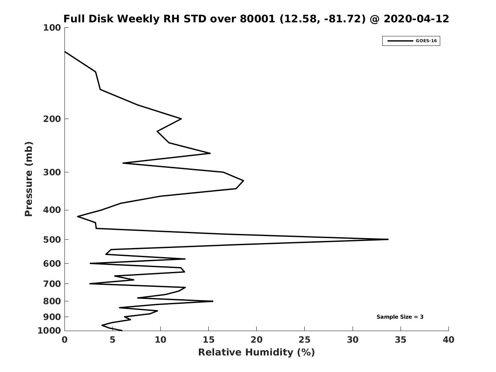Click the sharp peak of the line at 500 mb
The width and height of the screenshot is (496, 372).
(388, 239)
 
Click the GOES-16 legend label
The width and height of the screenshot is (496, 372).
(426, 41)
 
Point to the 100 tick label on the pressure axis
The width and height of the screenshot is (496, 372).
(52, 28)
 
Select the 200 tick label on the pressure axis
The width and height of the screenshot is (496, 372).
(52, 119)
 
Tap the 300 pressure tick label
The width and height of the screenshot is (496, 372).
(52, 172)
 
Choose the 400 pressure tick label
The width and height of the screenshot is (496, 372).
(52, 210)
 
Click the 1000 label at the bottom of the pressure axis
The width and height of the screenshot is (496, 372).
(49, 331)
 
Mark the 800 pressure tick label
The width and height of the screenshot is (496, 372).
(52, 301)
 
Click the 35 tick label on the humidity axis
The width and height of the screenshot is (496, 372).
(401, 340)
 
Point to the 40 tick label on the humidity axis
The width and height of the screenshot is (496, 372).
(448, 340)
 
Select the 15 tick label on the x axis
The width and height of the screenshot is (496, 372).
(209, 340)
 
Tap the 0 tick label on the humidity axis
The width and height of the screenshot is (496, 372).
(64, 340)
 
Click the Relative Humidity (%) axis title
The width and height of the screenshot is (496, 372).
(256, 352)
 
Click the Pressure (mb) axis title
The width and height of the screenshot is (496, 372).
(29, 179)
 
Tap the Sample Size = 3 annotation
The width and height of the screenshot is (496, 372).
(400, 317)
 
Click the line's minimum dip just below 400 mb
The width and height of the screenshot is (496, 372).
(78, 216)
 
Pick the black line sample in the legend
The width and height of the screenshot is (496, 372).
(400, 41)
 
